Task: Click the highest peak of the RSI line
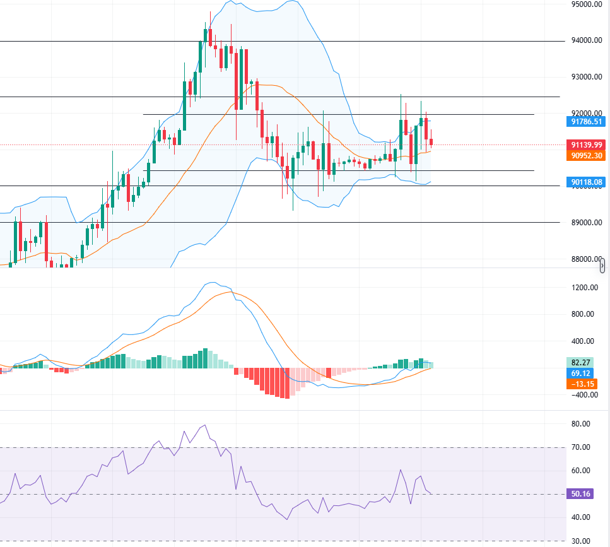coord(204,425)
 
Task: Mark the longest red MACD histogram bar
coord(288,383)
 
